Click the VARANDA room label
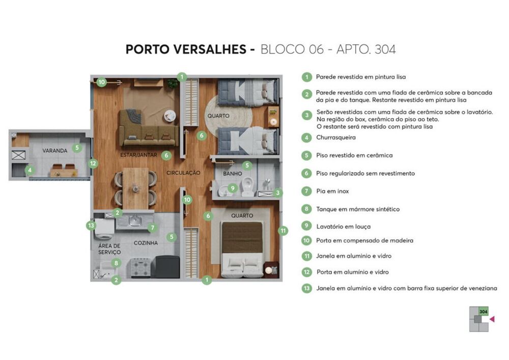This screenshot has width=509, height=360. pyautogui.click(x=55, y=151)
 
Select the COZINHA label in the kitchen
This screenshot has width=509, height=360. pyautogui.click(x=146, y=243)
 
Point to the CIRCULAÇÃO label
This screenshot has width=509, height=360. pyautogui.click(x=183, y=173)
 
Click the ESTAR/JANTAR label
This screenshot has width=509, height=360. pyautogui.click(x=137, y=155)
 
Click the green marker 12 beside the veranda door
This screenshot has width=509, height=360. pyautogui.click(x=93, y=163)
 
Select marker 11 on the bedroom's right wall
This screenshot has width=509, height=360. pyautogui.click(x=283, y=230)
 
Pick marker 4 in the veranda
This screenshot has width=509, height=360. pyautogui.click(x=30, y=170)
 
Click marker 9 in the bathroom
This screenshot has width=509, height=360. pyautogui.click(x=233, y=188)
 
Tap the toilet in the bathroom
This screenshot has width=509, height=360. pyautogui.click(x=248, y=186)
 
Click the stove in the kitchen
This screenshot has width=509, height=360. pyautogui.click(x=140, y=267)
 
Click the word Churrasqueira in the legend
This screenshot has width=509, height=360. pyautogui.click(x=335, y=137)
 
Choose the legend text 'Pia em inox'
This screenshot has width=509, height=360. pyautogui.click(x=332, y=191)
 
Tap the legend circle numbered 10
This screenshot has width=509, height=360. pyautogui.click(x=306, y=241)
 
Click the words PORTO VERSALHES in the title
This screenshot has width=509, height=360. pyautogui.click(x=186, y=49)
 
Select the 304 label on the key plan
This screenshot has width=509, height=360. pyautogui.click(x=484, y=311)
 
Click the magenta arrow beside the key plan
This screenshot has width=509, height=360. pyautogui.click(x=492, y=319)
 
